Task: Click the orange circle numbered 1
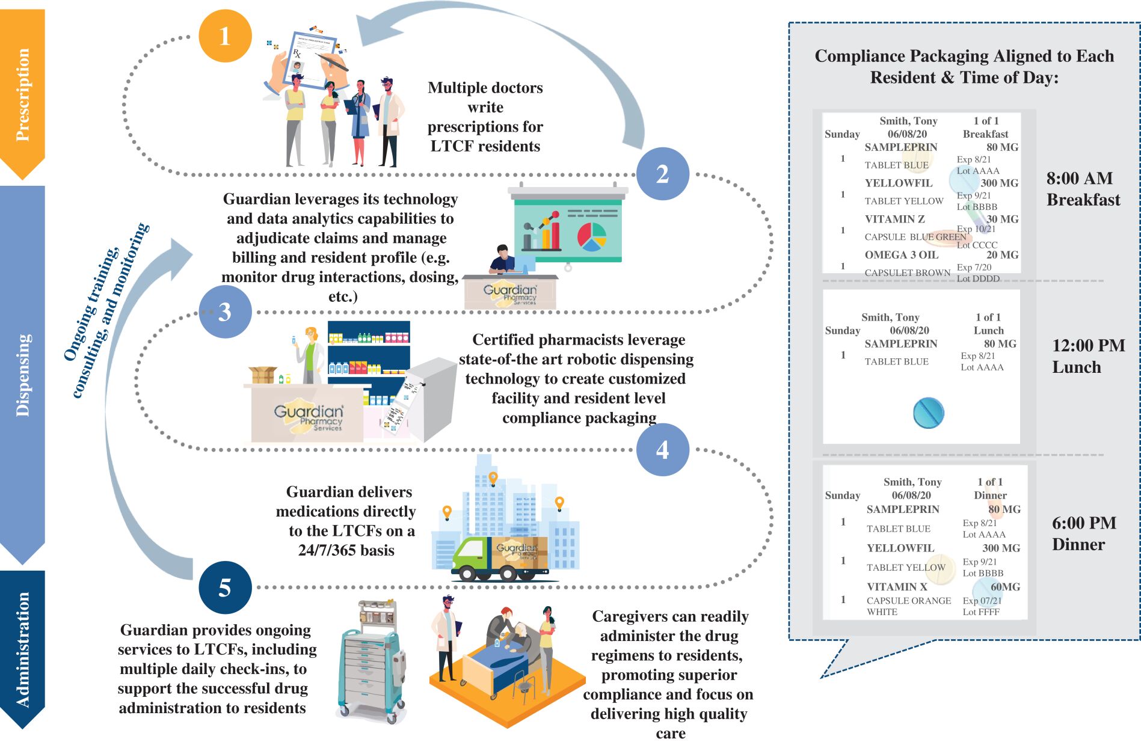pos(225,36)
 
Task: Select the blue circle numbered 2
pos(662,174)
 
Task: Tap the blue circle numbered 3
pos(225,311)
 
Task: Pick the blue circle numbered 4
pos(662,449)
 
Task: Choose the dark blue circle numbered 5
pos(225,587)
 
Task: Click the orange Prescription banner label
pos(23,94)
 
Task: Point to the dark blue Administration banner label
pos(23,649)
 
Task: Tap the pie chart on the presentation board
pos(592,236)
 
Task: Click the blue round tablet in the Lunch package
pos(928,412)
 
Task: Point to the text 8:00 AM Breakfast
pos(1083,189)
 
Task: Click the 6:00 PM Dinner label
pos(1083,533)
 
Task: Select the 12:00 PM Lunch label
pos(1087,356)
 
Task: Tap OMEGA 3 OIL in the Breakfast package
pos(901,255)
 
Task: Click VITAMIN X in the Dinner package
pos(897,587)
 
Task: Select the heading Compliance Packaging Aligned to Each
pos(964,56)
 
